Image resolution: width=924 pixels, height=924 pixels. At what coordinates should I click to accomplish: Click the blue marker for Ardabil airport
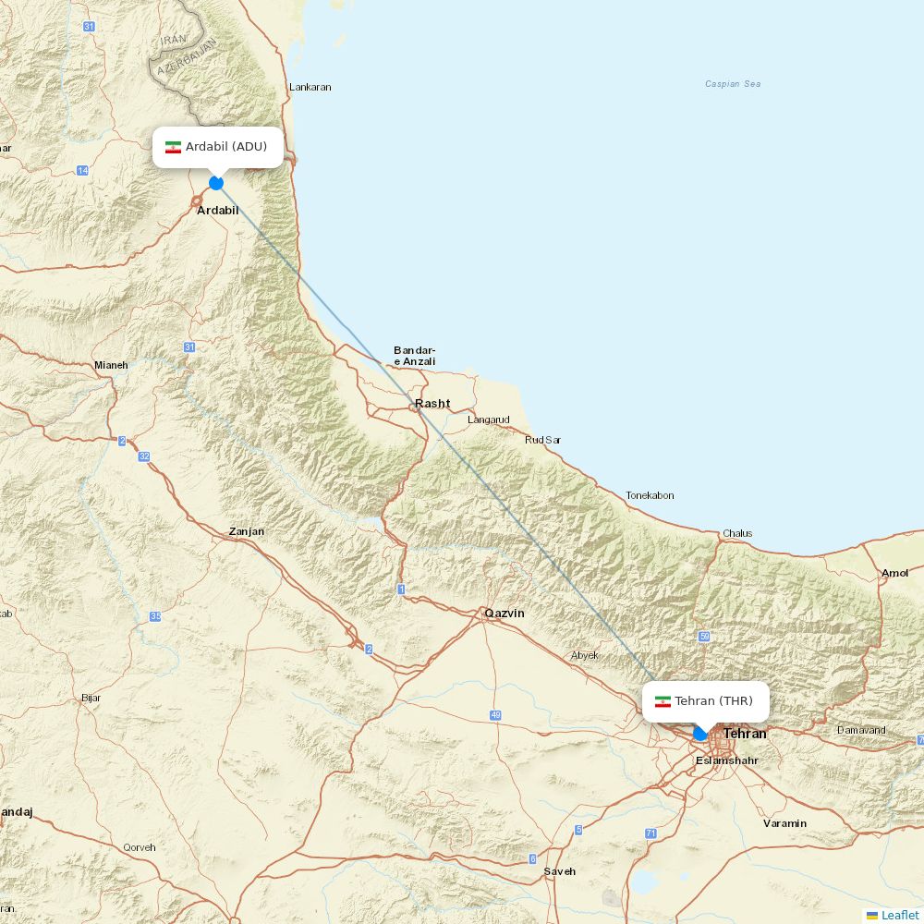click(216, 183)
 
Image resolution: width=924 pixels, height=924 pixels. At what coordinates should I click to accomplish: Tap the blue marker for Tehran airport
click(700, 734)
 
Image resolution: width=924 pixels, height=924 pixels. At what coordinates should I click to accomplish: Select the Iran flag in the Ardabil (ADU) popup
click(173, 147)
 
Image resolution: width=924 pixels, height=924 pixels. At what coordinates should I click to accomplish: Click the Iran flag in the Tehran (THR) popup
click(663, 701)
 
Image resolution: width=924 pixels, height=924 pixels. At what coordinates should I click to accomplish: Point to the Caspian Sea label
click(733, 84)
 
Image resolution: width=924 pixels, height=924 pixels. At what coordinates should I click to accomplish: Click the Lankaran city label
click(310, 87)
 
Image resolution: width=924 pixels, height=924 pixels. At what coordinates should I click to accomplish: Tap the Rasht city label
click(432, 403)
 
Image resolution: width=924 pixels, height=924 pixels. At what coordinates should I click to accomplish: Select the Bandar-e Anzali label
click(414, 356)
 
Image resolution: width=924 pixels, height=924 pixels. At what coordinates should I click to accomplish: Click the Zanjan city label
click(247, 531)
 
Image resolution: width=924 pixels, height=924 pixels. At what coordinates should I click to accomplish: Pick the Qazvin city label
click(505, 613)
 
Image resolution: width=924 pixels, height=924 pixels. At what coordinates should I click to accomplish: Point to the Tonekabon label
click(650, 495)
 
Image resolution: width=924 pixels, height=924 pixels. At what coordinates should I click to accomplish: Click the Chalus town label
click(737, 533)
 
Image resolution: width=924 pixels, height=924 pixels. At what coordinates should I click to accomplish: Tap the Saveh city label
click(559, 871)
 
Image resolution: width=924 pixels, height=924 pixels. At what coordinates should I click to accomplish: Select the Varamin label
click(784, 823)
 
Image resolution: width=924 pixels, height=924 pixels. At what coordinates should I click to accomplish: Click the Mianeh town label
click(111, 365)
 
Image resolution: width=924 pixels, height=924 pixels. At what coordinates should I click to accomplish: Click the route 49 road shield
click(495, 716)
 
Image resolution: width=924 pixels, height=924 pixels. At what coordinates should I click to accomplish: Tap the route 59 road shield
click(704, 637)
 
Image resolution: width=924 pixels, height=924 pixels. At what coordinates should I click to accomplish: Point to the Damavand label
click(861, 730)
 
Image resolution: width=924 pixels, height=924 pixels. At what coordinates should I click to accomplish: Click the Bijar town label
click(91, 698)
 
